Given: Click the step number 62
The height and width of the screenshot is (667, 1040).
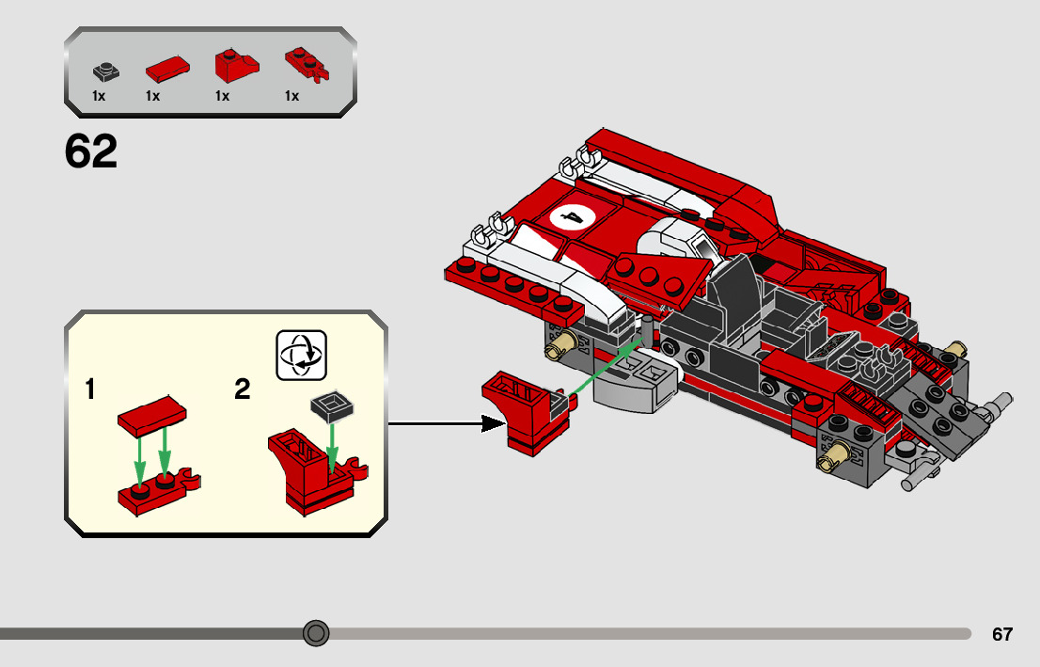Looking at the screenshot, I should [91, 151].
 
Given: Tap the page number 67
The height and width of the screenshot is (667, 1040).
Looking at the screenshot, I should [1002, 634].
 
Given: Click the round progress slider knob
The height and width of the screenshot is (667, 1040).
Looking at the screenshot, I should [316, 633].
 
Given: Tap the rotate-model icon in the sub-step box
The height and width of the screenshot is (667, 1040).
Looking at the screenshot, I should [301, 355].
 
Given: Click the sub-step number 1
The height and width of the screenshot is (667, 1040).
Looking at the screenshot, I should [90, 389].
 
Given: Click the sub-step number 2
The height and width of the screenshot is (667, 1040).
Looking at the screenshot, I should [243, 389].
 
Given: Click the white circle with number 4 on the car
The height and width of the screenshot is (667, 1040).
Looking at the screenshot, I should [572, 218].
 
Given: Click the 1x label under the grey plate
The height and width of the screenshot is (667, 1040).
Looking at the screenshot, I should [99, 96].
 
